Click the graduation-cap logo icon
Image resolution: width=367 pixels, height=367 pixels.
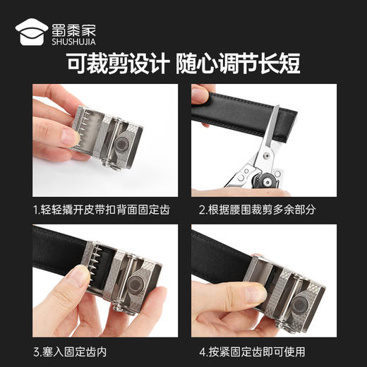(x=32, y=31)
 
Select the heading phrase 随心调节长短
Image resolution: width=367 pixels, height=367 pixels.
(x=241, y=64)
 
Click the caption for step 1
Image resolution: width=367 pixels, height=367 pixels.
(x=101, y=210)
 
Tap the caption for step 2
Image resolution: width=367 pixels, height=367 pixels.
(x=263, y=210)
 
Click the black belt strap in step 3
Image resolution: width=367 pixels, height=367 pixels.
(x=56, y=260)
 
